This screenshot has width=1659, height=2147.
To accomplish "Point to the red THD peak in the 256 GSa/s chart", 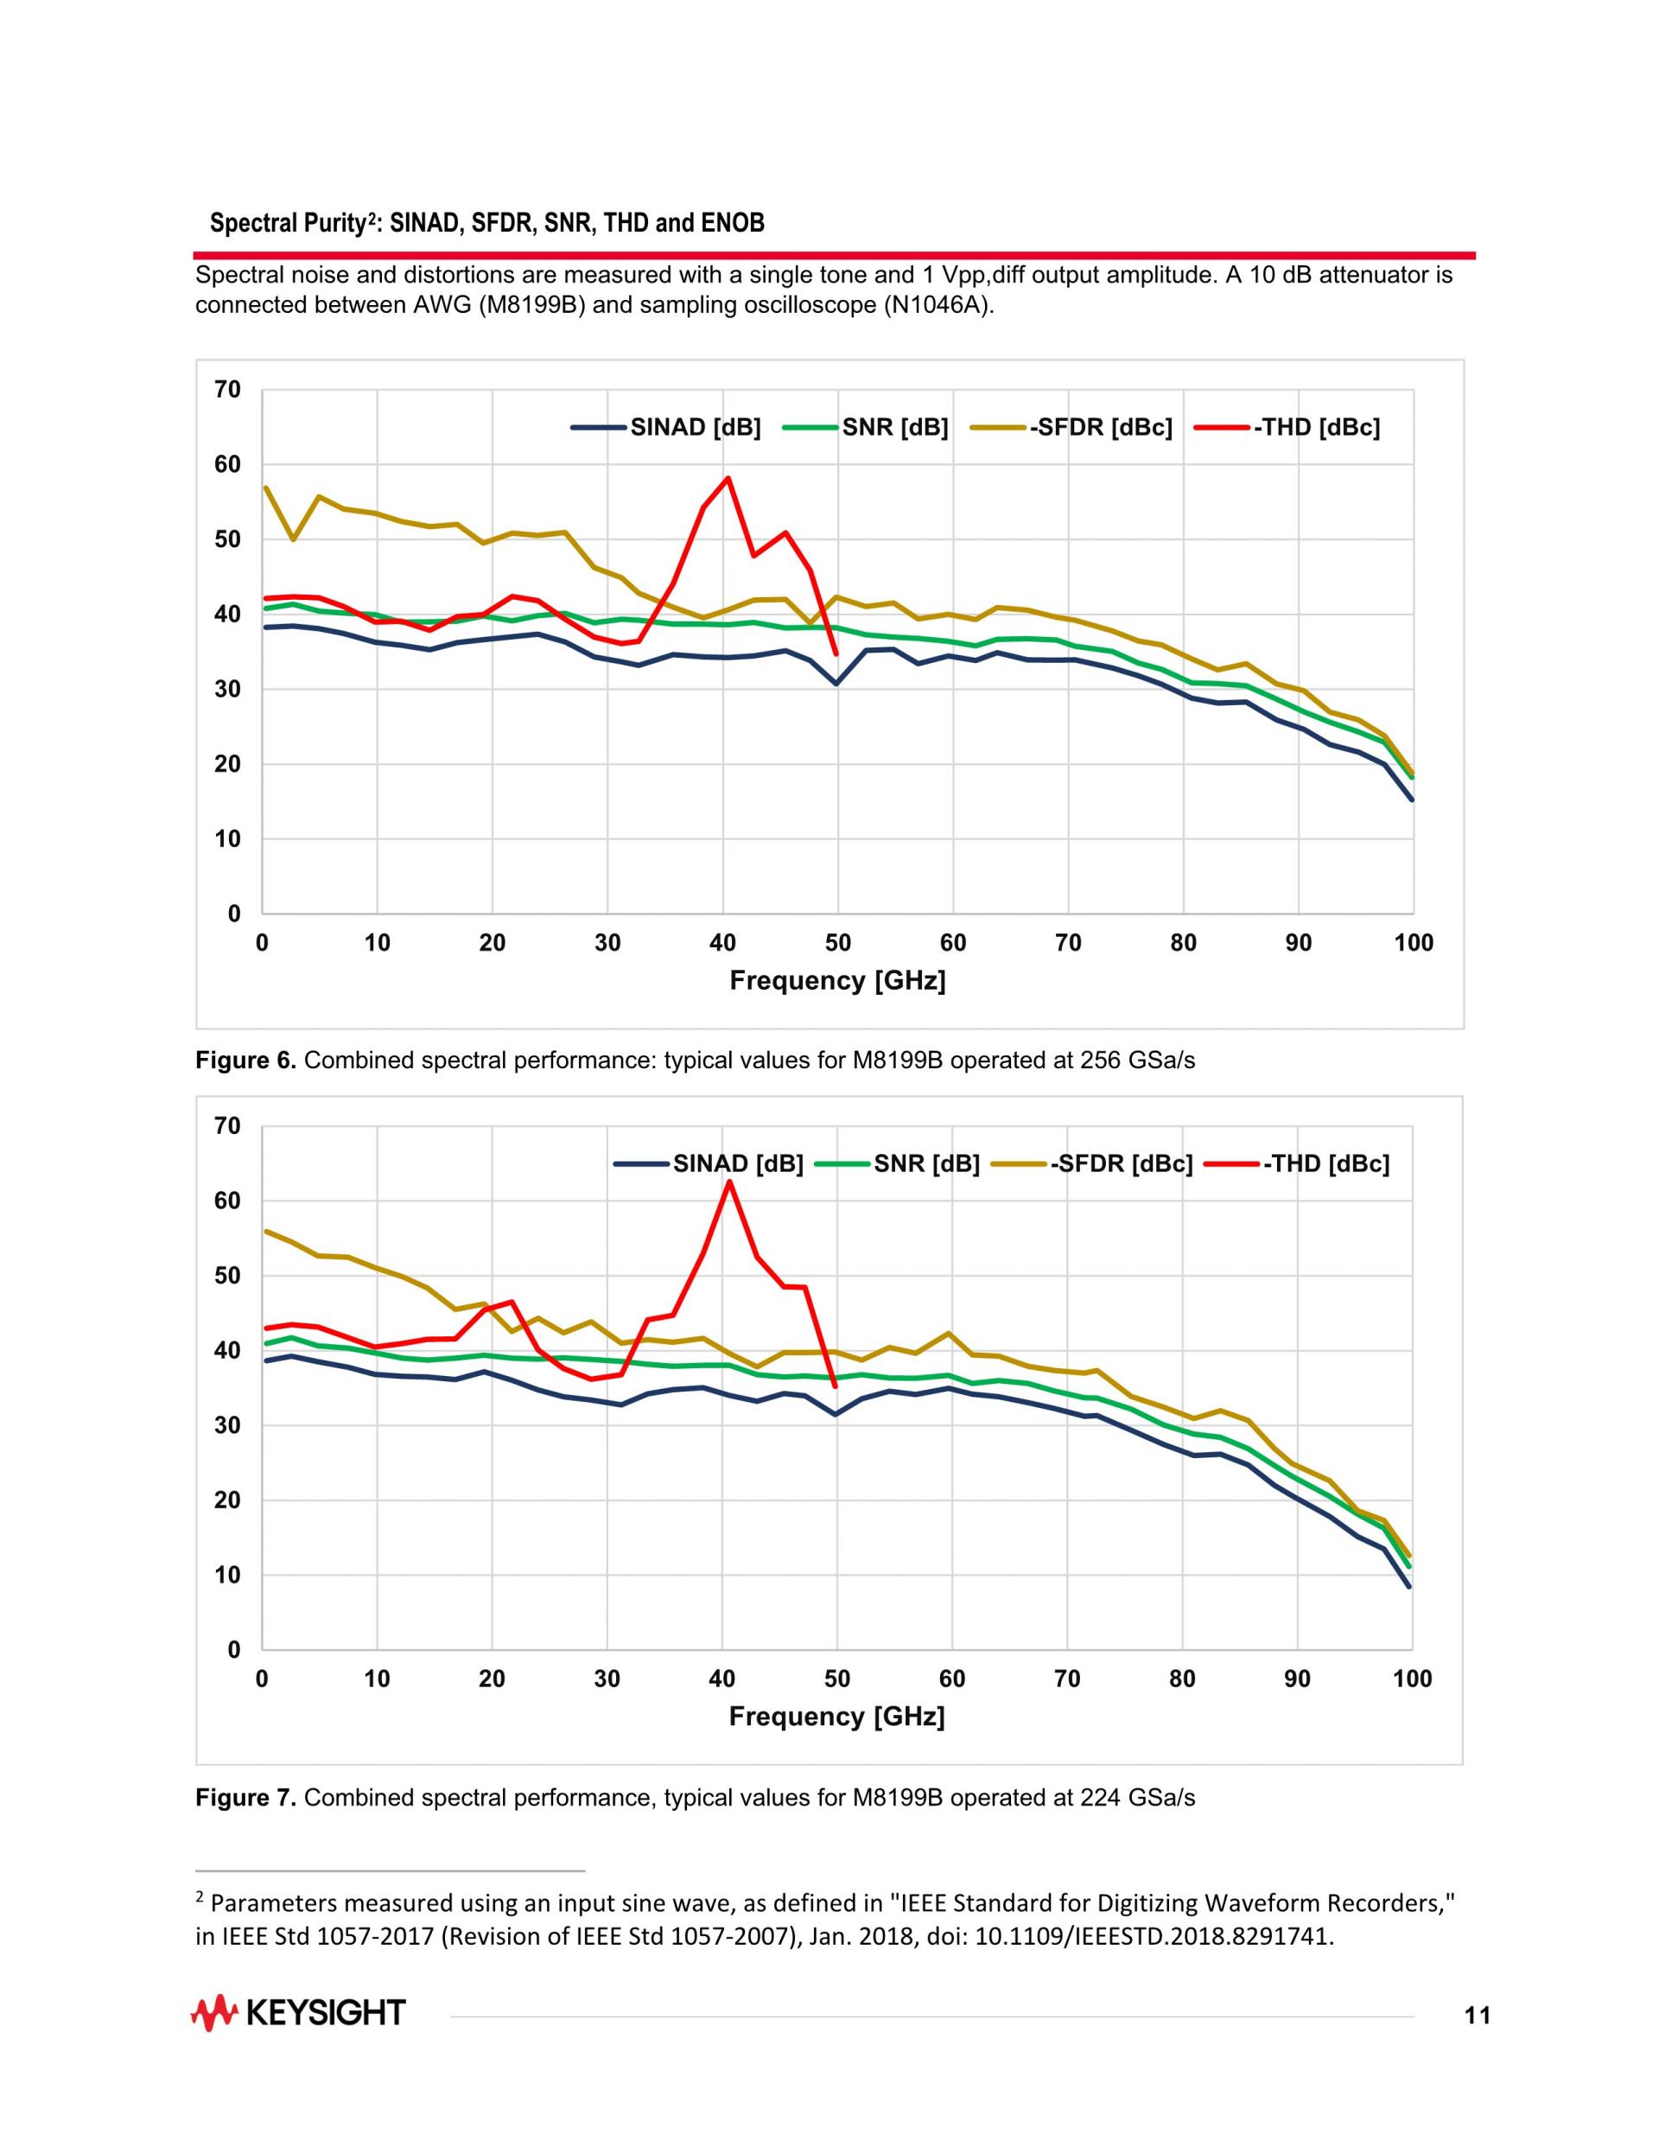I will [728, 479].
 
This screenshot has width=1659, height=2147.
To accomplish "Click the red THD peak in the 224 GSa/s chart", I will [728, 1181].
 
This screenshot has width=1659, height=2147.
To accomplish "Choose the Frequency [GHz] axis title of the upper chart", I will [837, 980].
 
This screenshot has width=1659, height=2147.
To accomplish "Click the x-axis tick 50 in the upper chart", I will [837, 943].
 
